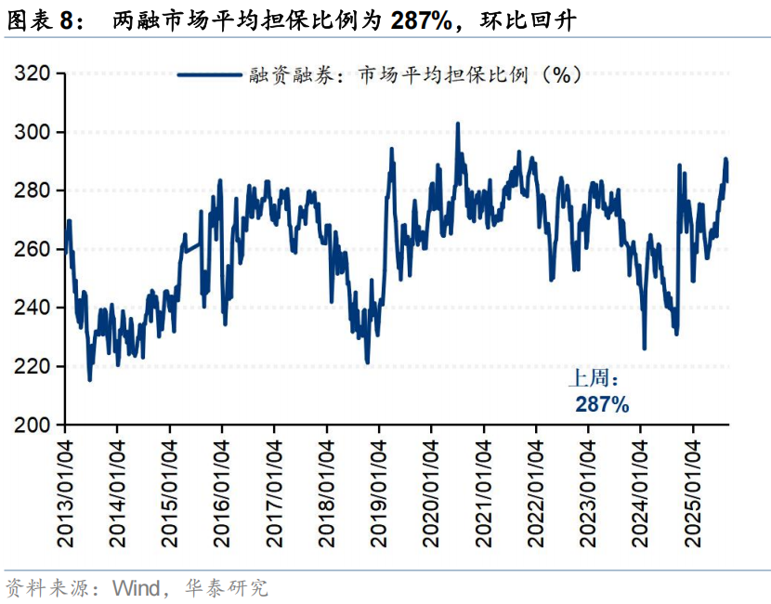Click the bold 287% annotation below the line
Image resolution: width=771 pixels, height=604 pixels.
tap(602, 405)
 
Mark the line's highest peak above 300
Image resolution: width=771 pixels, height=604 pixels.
tap(457, 123)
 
